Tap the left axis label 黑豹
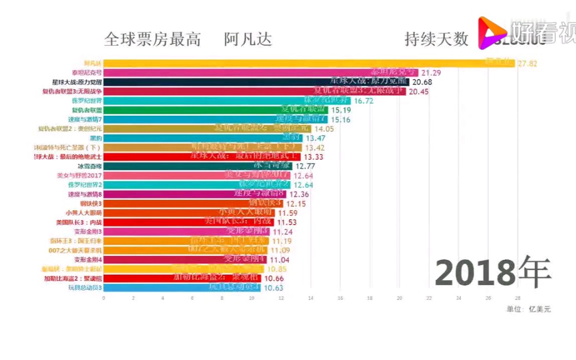coord(95,138)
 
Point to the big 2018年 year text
coord(493,273)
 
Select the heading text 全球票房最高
coord(152,40)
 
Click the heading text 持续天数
coord(436,40)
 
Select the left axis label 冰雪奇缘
coord(90,166)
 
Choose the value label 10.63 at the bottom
coord(273,288)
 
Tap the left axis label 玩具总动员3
coord(85,288)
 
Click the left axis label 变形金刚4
coord(88,259)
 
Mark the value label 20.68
coord(421,82)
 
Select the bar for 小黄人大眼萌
coord(188,213)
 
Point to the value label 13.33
coord(314,157)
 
